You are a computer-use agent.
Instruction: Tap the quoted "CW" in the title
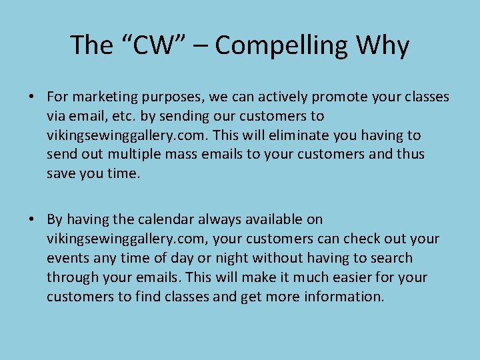[153, 46]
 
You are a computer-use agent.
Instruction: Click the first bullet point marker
[31, 97]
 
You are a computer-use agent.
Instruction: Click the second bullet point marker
[31, 220]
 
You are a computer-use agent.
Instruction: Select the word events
[67, 258]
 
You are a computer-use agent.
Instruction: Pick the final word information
[344, 297]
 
